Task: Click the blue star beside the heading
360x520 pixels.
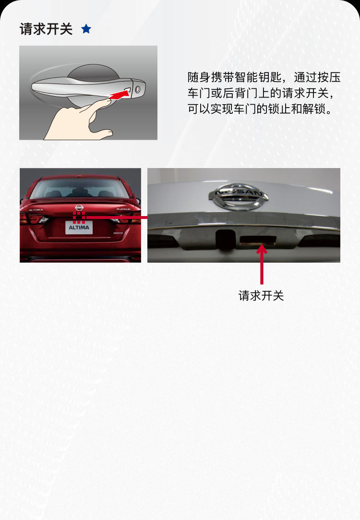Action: click(86, 29)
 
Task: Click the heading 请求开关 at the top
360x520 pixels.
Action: click(46, 29)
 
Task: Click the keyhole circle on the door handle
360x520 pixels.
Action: click(137, 89)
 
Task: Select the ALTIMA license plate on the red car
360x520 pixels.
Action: click(79, 228)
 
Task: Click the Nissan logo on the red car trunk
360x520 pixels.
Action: click(79, 207)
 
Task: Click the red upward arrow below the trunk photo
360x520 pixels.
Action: click(262, 264)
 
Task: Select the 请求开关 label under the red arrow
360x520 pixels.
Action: click(261, 295)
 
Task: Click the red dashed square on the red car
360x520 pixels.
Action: click(79, 217)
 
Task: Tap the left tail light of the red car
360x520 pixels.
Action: click(35, 219)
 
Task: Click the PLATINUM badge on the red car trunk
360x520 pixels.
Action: click(123, 209)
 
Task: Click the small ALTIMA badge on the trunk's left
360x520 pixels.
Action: click(36, 210)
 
